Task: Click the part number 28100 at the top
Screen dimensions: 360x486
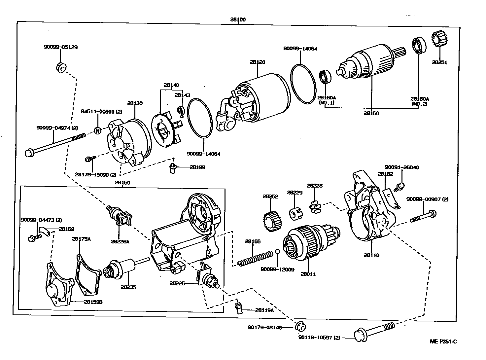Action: click(238, 19)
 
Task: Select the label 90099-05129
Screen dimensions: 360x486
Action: click(60, 47)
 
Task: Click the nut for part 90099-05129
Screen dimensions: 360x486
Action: click(61, 67)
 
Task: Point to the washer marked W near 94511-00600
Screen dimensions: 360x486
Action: click(98, 130)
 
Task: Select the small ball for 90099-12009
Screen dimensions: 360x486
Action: click(278, 253)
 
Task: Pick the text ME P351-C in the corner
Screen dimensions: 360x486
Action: click(443, 342)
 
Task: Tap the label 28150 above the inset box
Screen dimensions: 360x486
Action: click(122, 182)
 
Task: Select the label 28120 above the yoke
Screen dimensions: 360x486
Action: click(257, 62)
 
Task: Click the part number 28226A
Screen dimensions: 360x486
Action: click(120, 241)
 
